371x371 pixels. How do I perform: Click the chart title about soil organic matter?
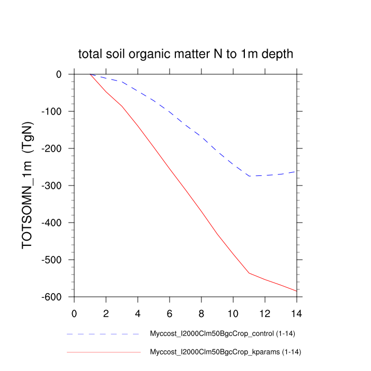(x=185, y=54)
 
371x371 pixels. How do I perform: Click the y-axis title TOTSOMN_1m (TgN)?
(x=28, y=185)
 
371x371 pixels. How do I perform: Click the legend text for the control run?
(x=219, y=334)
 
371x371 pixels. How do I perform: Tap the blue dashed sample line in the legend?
(x=103, y=334)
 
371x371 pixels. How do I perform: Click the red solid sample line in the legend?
(x=103, y=352)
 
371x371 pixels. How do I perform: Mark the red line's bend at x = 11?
(x=249, y=273)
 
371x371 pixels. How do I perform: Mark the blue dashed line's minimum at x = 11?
(x=249, y=176)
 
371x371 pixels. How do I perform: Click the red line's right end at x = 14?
(x=296, y=291)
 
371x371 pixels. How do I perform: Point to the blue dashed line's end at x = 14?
(x=296, y=171)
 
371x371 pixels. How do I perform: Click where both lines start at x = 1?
(x=90, y=74)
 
